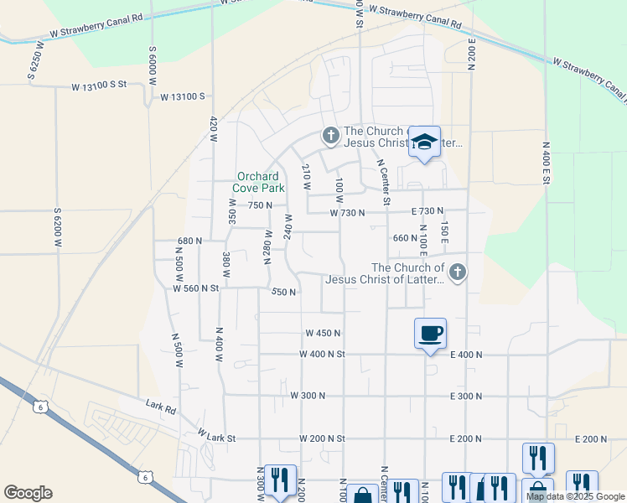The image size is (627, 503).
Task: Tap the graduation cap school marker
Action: (424, 143)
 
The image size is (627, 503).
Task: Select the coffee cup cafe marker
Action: (430, 334)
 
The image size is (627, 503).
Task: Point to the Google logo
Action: (28, 493)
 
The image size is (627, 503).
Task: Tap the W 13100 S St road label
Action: (98, 86)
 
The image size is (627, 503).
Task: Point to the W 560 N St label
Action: (195, 288)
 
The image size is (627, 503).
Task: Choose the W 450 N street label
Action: (323, 333)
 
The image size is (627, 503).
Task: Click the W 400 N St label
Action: (322, 354)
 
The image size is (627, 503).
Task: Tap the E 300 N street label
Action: (466, 395)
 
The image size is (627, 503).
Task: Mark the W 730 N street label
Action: (347, 213)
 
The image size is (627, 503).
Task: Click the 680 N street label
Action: (189, 241)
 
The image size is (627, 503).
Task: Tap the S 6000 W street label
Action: (153, 63)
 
